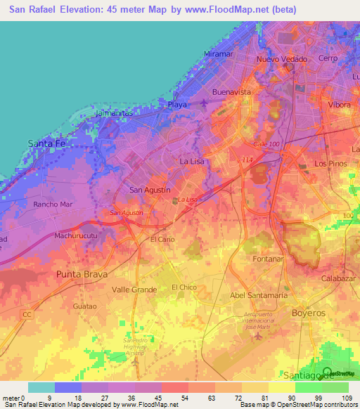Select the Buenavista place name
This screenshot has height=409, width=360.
coord(231,92)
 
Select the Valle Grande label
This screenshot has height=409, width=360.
coord(134,289)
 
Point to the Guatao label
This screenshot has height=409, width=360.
coord(84,306)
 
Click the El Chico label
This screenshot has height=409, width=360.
coord(184,287)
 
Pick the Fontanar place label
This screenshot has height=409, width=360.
coord(267,259)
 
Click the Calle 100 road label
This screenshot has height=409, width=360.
coord(266,144)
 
